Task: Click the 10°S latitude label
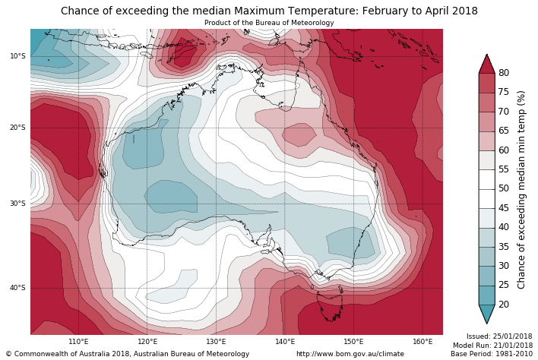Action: coord(17,56)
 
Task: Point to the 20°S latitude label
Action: coord(17,128)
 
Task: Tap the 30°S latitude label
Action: coord(17,204)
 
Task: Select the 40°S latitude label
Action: coord(17,288)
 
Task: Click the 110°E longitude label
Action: coord(78,342)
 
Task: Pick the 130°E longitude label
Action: coord(216,342)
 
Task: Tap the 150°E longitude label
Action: coord(353,342)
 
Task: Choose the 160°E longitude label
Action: coord(422,342)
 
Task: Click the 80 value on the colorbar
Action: coord(504,73)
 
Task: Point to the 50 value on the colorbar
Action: coord(504,188)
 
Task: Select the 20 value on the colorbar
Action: coord(504,305)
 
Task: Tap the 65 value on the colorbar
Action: coord(504,131)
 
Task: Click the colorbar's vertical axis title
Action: coord(521,189)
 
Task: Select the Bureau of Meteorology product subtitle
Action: coord(269,23)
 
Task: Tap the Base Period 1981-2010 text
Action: coord(491,354)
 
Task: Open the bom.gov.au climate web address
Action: coord(350,354)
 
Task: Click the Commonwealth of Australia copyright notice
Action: coord(128,354)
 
